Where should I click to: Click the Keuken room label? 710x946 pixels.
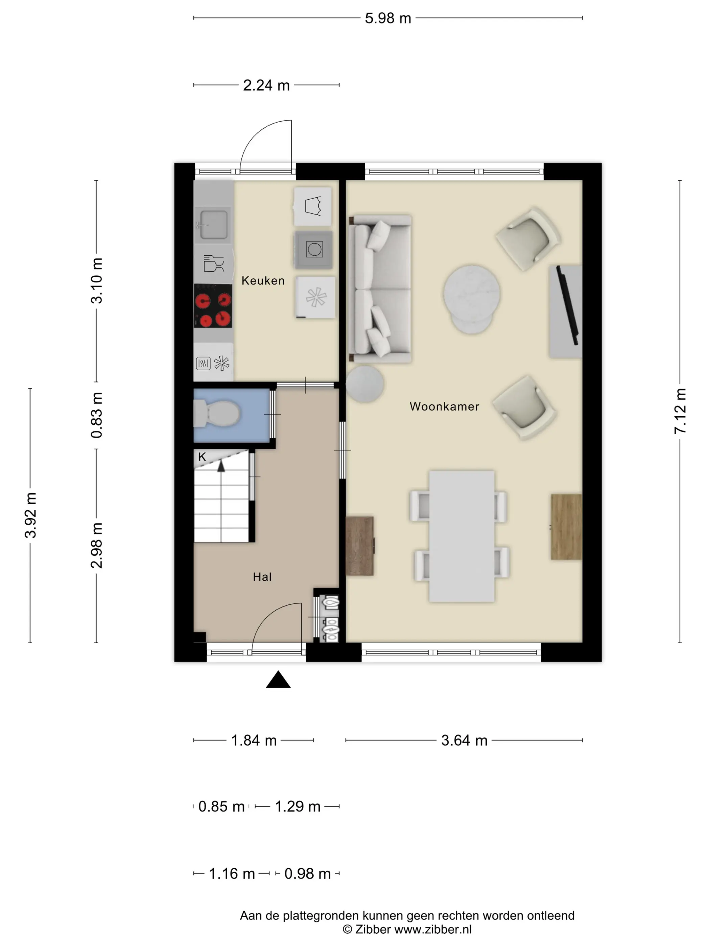point(263,280)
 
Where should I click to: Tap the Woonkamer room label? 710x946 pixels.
point(444,406)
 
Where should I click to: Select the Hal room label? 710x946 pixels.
point(262,576)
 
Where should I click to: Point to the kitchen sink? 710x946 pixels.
point(213,223)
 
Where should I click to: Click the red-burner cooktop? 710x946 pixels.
point(213,306)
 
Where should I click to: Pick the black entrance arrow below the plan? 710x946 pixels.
point(278,679)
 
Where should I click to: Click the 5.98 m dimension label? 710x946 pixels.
point(388,18)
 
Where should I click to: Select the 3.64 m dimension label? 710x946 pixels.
point(464,740)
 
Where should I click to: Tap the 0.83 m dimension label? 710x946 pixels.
point(97,415)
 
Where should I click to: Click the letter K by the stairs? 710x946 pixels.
point(202,457)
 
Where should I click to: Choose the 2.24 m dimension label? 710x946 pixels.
point(266,85)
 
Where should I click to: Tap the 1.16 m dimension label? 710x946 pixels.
point(232,874)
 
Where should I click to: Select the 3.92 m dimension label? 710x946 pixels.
point(31,515)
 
